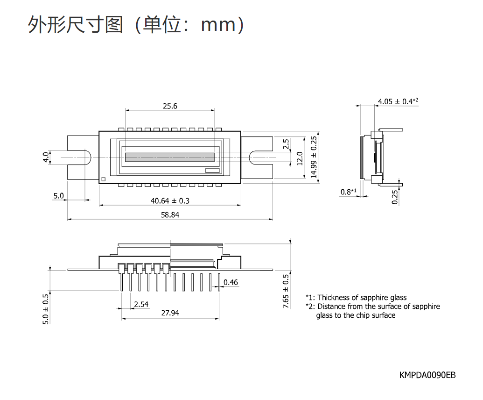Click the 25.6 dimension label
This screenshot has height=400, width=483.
click(170, 106)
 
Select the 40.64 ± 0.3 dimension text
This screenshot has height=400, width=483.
click(170, 201)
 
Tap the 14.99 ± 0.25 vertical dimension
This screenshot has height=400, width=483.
click(314, 157)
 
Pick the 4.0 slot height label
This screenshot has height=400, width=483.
click(46, 157)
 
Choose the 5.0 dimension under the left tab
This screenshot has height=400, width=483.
click(58, 196)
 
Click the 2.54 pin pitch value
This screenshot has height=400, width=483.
click(141, 304)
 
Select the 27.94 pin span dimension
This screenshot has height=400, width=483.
click(170, 313)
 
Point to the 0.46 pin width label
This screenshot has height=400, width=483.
click(231, 282)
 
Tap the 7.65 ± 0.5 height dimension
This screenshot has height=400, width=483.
click(286, 291)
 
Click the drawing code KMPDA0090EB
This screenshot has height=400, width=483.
click(427, 375)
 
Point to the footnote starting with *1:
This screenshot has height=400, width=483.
click(356, 298)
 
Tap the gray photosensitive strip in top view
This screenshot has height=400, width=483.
click(170, 157)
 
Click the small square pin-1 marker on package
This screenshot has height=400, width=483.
click(104, 179)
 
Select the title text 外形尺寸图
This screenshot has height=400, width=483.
click(75, 24)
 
